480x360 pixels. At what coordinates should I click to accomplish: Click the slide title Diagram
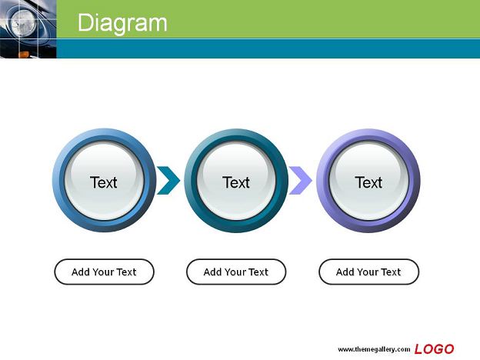click(122, 23)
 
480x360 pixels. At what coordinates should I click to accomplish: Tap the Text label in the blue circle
click(104, 182)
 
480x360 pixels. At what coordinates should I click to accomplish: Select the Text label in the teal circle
click(235, 182)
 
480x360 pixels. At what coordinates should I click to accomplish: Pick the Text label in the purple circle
click(368, 182)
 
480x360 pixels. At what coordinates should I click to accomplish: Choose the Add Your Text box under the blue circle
click(104, 272)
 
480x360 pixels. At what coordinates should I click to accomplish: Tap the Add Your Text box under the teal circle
click(236, 272)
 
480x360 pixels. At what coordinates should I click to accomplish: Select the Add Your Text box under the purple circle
click(368, 272)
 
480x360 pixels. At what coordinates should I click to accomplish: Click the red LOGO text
click(434, 349)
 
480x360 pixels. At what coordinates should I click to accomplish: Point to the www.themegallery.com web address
click(374, 349)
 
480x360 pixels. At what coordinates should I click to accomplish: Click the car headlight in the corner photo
click(24, 23)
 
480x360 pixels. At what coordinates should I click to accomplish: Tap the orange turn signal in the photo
click(24, 55)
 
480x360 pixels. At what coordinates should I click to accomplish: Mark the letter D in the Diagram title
click(85, 22)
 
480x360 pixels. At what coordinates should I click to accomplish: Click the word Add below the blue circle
click(80, 272)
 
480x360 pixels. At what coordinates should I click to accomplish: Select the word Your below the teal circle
click(235, 272)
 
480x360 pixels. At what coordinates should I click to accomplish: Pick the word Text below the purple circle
click(391, 272)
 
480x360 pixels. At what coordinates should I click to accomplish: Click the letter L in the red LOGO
click(419, 349)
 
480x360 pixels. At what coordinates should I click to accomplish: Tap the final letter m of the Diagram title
click(158, 25)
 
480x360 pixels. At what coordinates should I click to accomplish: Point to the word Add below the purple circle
click(345, 272)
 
